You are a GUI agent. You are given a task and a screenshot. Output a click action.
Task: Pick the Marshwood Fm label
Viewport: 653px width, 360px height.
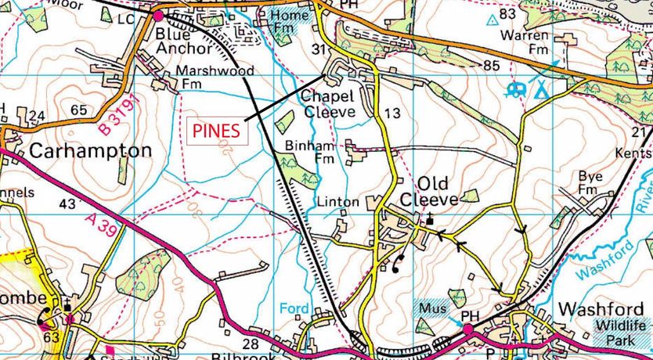pos(214,77)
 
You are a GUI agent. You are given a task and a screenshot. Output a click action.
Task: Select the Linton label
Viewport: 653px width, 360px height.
pos(338,202)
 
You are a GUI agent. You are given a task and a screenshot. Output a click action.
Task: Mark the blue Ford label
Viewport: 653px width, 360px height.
pos(294,308)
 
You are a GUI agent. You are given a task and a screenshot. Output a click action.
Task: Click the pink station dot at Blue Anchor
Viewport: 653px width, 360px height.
pos(157,15)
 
